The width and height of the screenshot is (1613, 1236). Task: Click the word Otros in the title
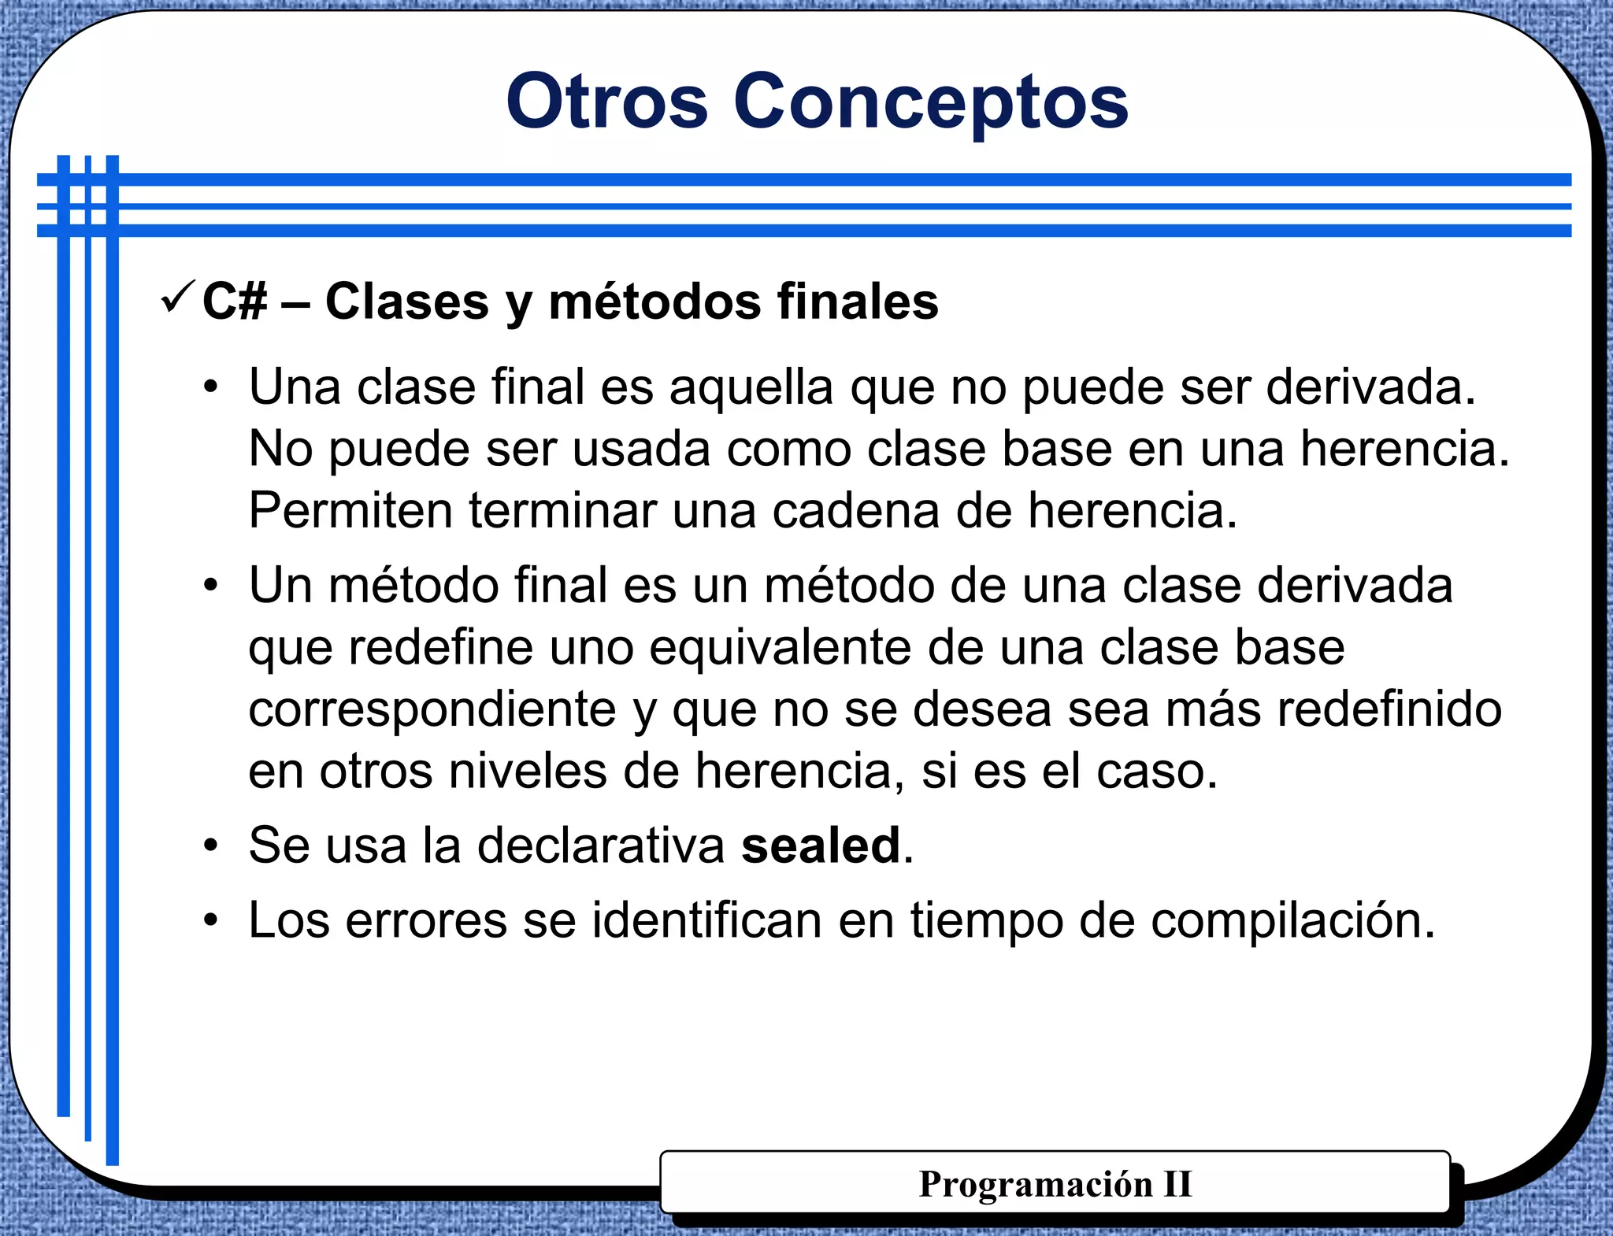(x=606, y=102)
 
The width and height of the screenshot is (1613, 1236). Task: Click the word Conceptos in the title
(x=931, y=102)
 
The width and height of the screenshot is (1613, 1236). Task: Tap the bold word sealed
(x=821, y=846)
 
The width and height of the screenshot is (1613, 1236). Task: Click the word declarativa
(x=600, y=846)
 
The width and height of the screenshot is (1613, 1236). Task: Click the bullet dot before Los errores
(x=210, y=921)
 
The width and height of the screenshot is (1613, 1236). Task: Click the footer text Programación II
(x=1055, y=1184)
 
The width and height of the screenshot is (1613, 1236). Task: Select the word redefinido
(x=1389, y=710)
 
